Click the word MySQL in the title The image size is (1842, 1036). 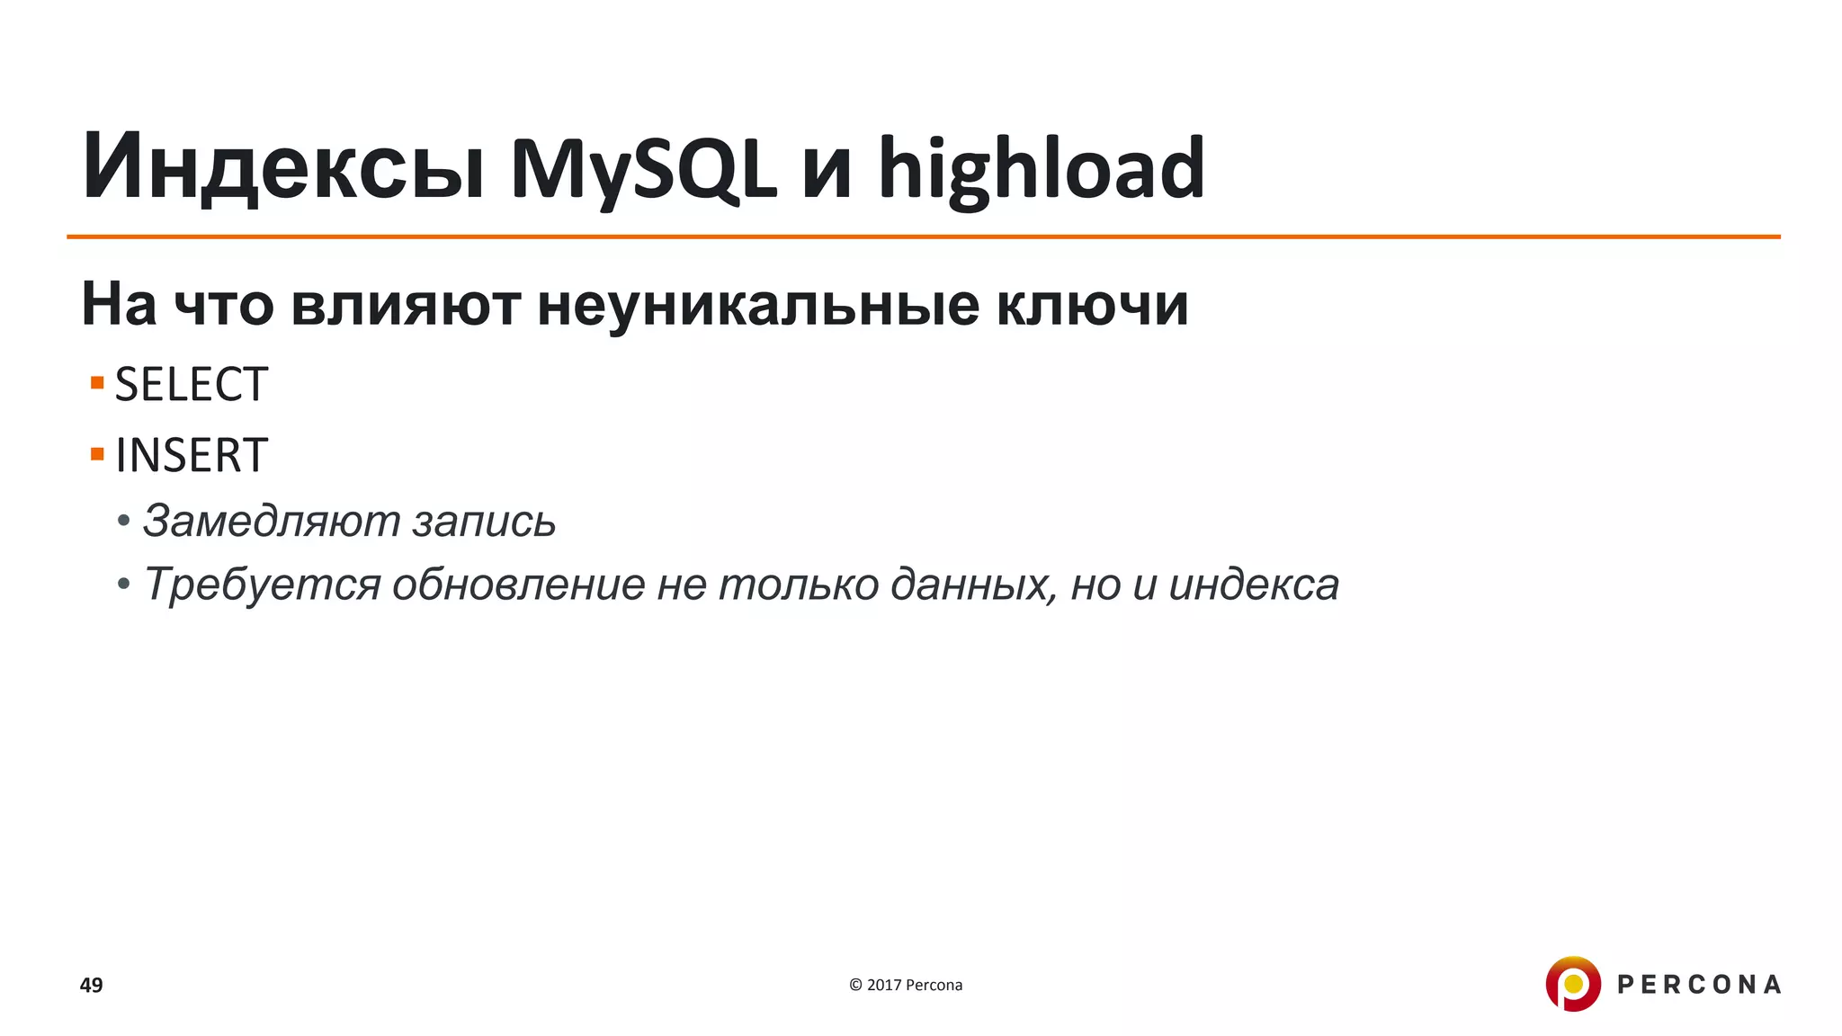click(x=642, y=168)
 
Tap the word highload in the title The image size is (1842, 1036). click(x=1041, y=168)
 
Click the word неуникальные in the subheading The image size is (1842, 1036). click(x=758, y=305)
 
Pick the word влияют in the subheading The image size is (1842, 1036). click(x=406, y=305)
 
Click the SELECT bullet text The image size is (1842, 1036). click(x=192, y=385)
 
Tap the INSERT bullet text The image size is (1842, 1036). click(x=192, y=455)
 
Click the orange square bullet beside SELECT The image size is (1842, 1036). click(x=97, y=383)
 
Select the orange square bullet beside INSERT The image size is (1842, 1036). click(x=97, y=453)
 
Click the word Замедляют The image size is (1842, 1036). click(x=271, y=521)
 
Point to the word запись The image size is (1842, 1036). click(x=484, y=521)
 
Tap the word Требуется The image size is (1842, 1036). click(x=262, y=585)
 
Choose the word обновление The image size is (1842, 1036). click(x=518, y=585)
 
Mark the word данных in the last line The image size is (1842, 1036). click(x=973, y=585)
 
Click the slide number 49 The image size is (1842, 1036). click(x=92, y=985)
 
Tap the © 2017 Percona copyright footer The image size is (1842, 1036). click(x=906, y=985)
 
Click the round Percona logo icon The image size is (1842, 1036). click(x=1573, y=984)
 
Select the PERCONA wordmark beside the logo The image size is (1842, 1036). click(x=1699, y=985)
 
